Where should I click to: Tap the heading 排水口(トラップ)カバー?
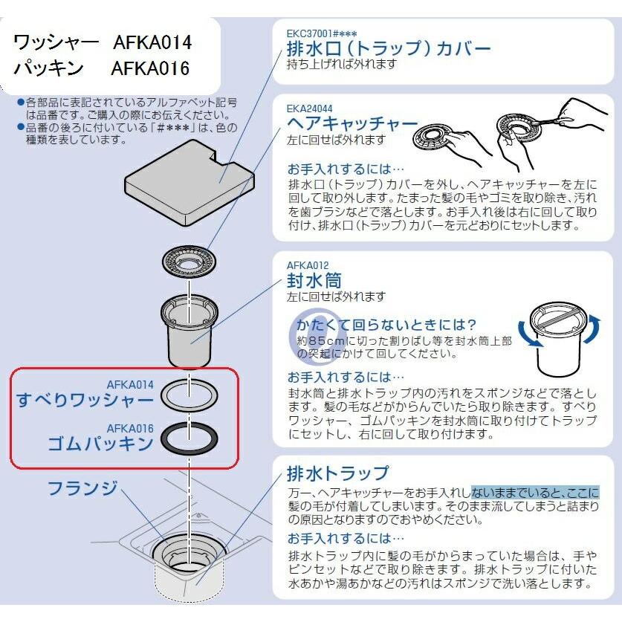(389, 49)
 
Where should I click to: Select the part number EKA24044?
(309, 108)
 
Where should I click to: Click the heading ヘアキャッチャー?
(353, 124)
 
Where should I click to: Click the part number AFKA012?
(308, 265)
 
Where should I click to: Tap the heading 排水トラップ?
(337, 473)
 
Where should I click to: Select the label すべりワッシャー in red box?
(85, 400)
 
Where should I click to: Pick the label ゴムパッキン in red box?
(100, 444)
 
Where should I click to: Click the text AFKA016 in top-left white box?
(151, 68)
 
